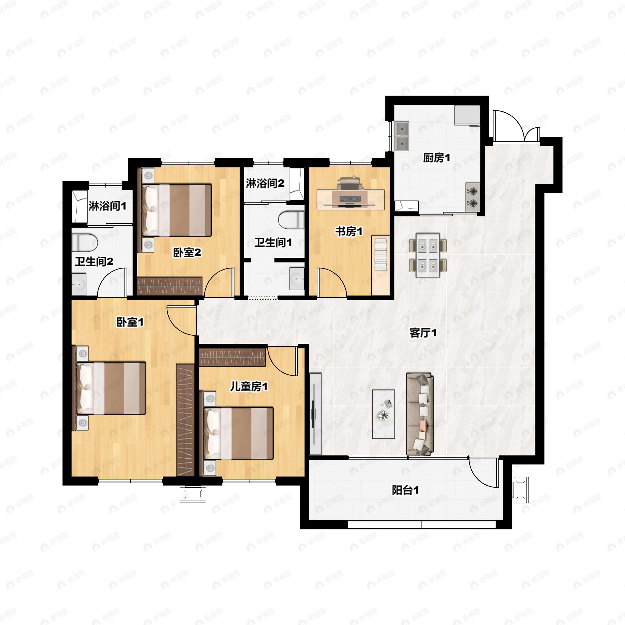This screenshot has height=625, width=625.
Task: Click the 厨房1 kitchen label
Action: point(436,158)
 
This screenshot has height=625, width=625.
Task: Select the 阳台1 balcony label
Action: point(405,490)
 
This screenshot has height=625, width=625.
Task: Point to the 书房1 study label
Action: point(349,231)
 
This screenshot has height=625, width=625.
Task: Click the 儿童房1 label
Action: point(248,386)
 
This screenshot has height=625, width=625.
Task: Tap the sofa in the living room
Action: point(420,414)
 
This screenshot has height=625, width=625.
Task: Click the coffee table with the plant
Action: point(383,414)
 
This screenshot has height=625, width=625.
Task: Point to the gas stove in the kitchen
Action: point(473,197)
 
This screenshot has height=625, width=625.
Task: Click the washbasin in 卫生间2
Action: point(79,284)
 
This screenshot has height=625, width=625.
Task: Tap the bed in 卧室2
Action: point(177,210)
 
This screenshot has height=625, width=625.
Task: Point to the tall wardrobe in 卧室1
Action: point(185,420)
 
